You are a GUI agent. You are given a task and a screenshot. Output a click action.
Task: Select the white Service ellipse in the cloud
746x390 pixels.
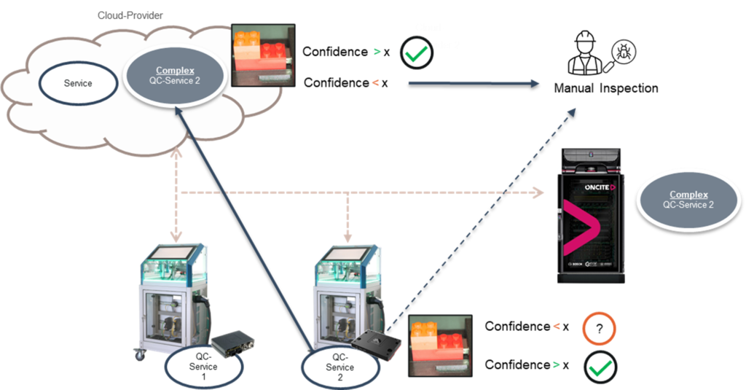click(78, 83)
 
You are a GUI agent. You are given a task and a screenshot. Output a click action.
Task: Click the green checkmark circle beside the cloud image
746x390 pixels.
click(417, 52)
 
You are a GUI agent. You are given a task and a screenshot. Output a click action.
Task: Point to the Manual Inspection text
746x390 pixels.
click(606, 88)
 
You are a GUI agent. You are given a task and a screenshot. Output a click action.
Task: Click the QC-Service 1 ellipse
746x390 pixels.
click(203, 367)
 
